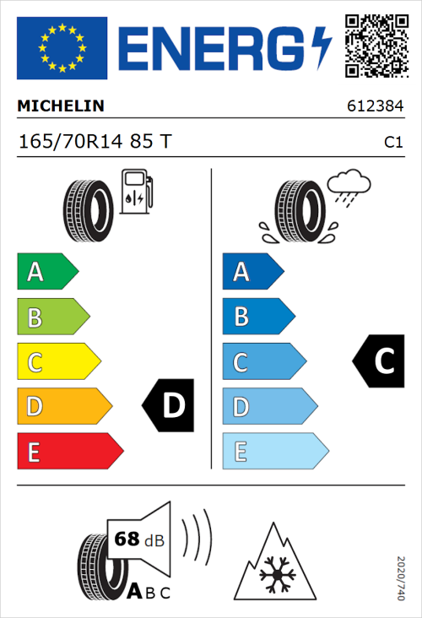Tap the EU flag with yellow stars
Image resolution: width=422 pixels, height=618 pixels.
point(62,46)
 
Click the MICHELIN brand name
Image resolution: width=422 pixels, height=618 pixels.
point(61,106)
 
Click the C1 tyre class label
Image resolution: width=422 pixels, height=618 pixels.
point(392,143)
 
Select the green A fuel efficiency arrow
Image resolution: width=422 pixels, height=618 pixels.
point(46,272)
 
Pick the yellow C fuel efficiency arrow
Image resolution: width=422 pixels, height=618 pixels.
point(57,362)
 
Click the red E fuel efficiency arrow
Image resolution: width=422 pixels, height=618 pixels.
point(69,452)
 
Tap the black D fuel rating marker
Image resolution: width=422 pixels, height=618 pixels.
point(169,406)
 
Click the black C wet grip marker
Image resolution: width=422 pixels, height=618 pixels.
point(378,361)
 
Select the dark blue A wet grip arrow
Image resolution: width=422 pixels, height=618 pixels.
point(252,272)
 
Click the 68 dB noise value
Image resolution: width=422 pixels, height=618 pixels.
point(139,539)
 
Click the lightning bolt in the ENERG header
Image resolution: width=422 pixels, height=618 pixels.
point(322,46)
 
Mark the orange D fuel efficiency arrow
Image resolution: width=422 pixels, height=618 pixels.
point(63,407)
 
